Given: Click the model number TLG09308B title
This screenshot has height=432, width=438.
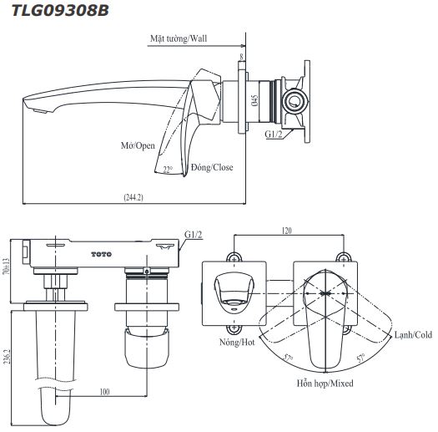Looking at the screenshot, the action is coord(60,11).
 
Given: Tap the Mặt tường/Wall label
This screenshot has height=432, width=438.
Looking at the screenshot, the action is coord(179,38).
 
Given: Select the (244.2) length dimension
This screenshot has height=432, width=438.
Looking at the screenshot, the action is coord(133,197).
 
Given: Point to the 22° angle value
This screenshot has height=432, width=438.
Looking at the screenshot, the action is coord(168,170).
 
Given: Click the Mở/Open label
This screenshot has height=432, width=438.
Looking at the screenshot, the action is coord(138,145).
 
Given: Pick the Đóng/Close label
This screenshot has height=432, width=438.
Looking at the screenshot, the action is coord(212,167).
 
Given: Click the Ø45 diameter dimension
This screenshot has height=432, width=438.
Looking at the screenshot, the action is coord(254,100).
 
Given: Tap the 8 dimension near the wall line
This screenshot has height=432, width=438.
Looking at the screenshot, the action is coord(242,57).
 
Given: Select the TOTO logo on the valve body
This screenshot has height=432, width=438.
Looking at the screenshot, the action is coord(101,254).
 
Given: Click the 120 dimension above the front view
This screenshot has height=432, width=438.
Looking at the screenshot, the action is coord(287,231).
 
